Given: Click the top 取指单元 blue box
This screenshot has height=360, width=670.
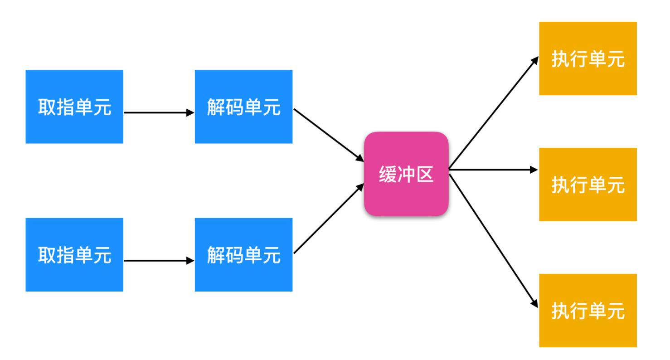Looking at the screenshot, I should pyautogui.click(x=74, y=107).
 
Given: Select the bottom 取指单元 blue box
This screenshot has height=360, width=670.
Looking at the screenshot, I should pyautogui.click(x=74, y=254).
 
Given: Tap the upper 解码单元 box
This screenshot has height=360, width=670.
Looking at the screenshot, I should pyautogui.click(x=243, y=107).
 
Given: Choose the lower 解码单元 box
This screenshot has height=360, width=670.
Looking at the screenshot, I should pyautogui.click(x=243, y=254).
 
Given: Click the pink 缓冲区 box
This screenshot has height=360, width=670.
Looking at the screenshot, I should pyautogui.click(x=406, y=174).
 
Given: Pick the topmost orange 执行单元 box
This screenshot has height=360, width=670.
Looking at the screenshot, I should pyautogui.click(x=587, y=58).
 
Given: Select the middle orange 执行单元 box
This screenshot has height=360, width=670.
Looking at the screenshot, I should pyautogui.click(x=587, y=185).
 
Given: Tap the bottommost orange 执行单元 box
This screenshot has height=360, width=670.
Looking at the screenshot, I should pyautogui.click(x=587, y=310).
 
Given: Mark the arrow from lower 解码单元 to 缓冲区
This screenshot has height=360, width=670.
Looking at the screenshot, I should pyautogui.click(x=329, y=219).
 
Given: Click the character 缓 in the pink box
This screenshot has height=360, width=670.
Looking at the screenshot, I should pyautogui.click(x=388, y=174).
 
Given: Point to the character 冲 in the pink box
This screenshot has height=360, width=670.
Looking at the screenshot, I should pyautogui.click(x=406, y=174).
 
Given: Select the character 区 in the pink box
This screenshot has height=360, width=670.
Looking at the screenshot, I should pyautogui.click(x=425, y=174).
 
